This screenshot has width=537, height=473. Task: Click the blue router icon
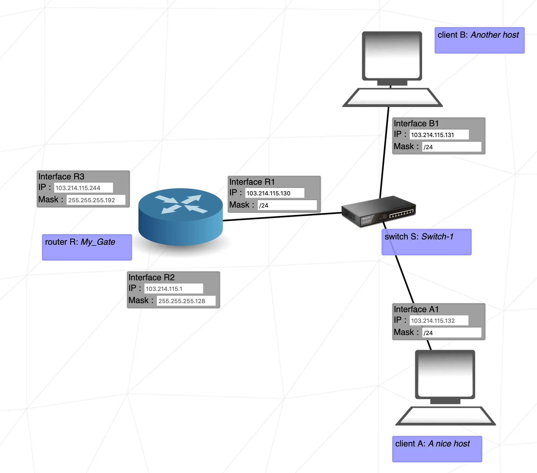(180, 216)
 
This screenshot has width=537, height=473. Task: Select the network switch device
(378, 212)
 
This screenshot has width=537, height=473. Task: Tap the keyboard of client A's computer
(445, 416)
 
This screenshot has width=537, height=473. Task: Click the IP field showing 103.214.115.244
(84, 188)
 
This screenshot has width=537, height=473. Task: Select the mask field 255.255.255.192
(96, 200)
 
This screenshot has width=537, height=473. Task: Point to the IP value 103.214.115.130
(274, 193)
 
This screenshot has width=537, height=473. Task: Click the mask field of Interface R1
(287, 205)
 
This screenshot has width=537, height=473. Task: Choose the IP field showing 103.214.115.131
(439, 135)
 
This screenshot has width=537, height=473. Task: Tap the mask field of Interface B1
(452, 147)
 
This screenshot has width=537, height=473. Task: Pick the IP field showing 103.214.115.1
(174, 289)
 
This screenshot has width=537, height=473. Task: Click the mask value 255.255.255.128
(186, 301)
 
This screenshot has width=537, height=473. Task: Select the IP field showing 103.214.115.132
(439, 320)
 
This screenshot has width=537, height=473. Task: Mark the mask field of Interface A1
(452, 333)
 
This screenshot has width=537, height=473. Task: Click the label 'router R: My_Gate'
(87, 247)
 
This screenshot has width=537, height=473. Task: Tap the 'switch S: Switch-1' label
(426, 242)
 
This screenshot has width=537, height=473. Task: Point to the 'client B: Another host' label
(479, 40)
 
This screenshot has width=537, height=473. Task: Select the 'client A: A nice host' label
(437, 449)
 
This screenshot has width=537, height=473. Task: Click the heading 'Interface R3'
(61, 177)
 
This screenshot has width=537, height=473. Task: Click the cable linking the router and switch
(282, 217)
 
